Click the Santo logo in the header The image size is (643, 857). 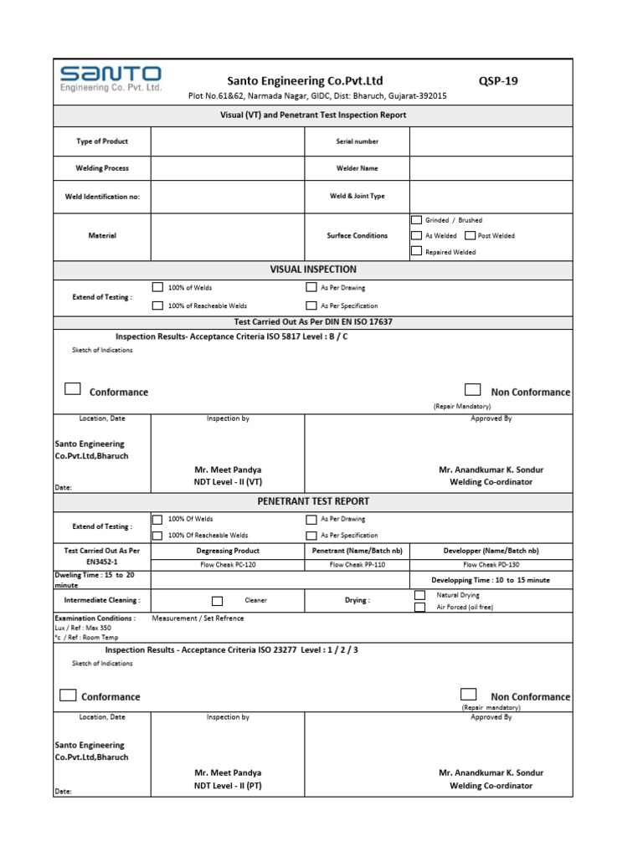(111, 80)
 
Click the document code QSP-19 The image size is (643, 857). (498, 81)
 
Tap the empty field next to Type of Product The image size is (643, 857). (228, 141)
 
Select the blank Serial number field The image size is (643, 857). (491, 141)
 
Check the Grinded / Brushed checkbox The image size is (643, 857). (417, 220)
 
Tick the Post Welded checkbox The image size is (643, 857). (470, 236)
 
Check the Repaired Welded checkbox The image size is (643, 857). (417, 252)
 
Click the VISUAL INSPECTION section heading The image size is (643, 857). (313, 269)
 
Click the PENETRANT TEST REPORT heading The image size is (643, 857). (313, 501)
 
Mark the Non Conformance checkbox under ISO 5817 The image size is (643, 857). (473, 390)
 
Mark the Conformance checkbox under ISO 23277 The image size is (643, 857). (69, 695)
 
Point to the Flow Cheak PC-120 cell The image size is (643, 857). (228, 564)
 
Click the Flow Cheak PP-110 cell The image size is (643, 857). (357, 564)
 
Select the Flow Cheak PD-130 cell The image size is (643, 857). (491, 564)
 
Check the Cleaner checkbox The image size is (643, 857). (218, 600)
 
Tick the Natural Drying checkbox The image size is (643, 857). (420, 595)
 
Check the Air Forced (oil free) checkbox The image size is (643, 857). (420, 607)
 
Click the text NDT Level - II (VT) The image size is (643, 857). (228, 482)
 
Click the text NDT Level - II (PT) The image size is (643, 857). (228, 786)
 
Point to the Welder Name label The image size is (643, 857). (357, 168)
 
